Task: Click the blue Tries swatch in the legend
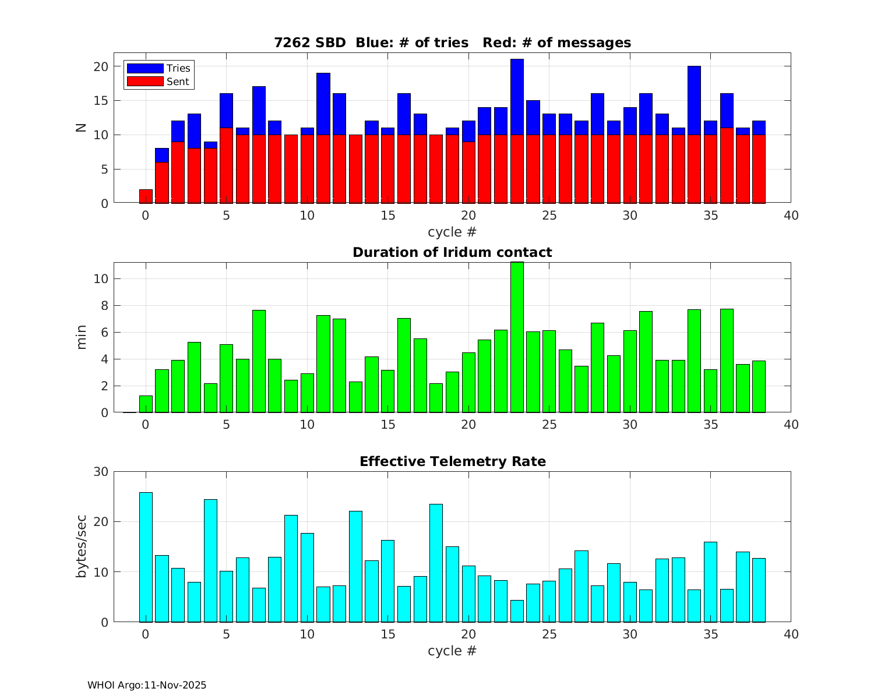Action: coord(145,68)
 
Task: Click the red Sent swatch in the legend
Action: coord(145,82)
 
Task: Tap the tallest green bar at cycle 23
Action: coord(517,338)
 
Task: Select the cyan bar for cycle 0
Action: coord(146,557)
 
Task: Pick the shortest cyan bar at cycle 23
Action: coord(517,611)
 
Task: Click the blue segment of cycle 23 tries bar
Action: coord(517,97)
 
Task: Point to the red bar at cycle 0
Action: coord(146,196)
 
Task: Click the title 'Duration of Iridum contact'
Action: coord(452,252)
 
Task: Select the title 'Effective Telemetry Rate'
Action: coord(452,461)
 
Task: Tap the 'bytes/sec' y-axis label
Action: coord(82,546)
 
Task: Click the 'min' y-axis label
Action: coord(82,337)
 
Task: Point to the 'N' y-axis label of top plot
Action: coord(82,128)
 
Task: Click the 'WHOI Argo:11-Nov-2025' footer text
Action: coord(147,685)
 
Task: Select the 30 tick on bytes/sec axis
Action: coord(101,472)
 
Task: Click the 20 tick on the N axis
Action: coord(101,66)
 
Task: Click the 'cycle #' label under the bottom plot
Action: coord(452,651)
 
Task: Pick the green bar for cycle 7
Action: coord(259,361)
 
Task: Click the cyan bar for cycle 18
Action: coord(436,563)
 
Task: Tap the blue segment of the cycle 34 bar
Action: coord(694,100)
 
